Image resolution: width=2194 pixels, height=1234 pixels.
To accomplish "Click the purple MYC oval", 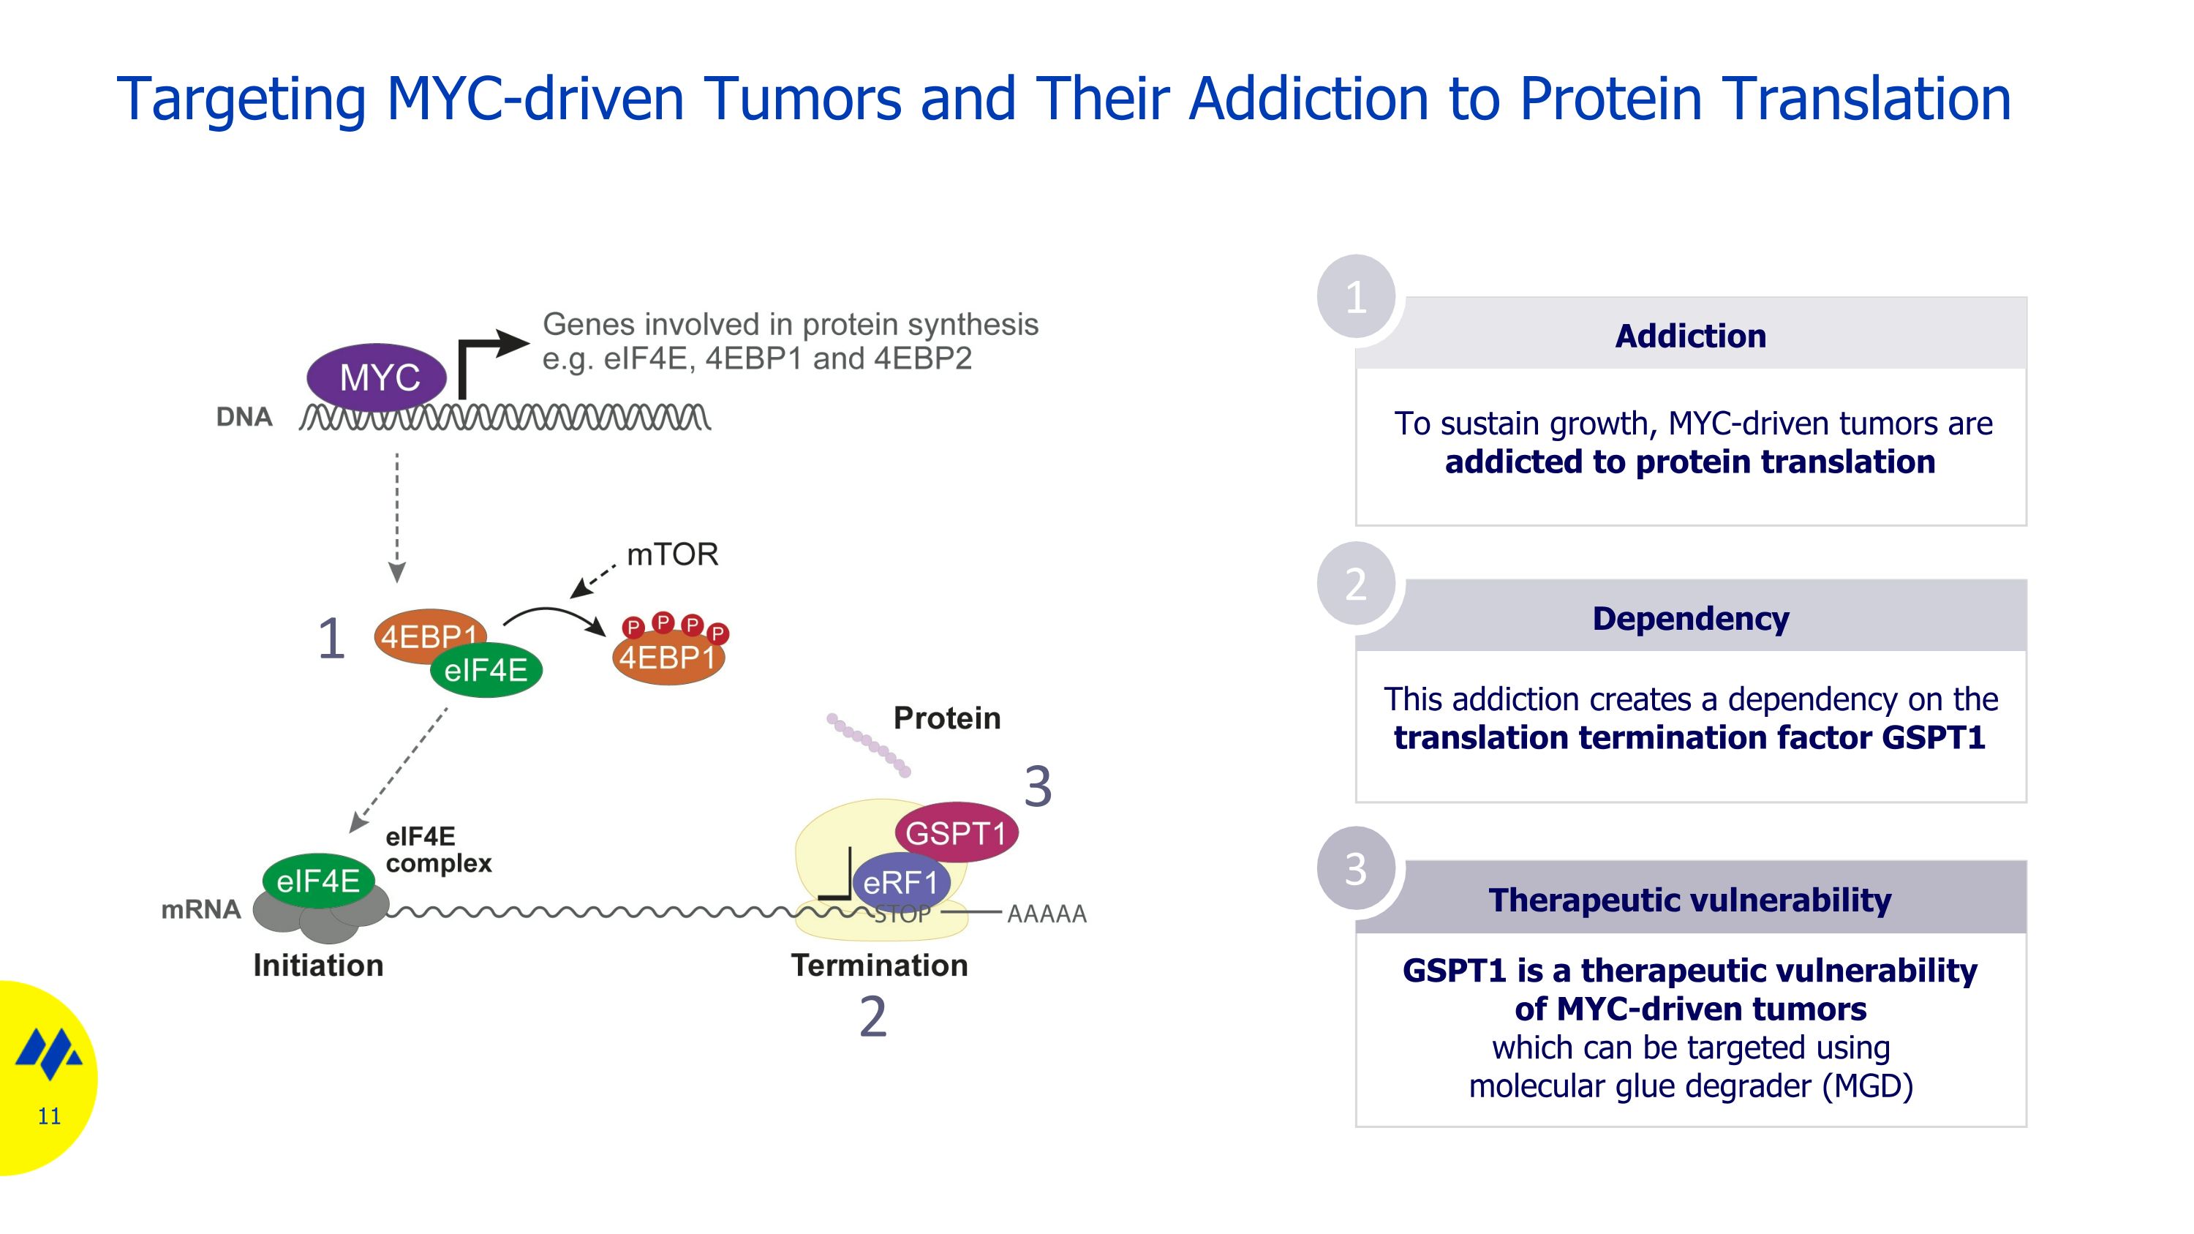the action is pos(377,377).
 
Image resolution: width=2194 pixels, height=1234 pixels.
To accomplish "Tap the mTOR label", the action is pos(672,554).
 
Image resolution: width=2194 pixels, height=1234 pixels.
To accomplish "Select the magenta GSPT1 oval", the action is pos(956,832).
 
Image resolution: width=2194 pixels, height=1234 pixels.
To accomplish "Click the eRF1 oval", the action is pos(900,882).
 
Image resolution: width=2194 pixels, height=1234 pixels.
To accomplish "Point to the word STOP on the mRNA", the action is pos(902,914).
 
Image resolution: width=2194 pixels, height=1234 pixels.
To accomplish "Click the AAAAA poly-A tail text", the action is pos(1047,914).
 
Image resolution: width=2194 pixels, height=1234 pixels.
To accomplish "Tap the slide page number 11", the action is pos(50,1116).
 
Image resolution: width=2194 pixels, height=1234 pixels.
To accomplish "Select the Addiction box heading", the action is pos(1691,336).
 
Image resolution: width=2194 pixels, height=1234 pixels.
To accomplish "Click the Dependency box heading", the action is pos(1691,618).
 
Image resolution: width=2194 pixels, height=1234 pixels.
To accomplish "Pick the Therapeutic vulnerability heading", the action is pos(1690,900).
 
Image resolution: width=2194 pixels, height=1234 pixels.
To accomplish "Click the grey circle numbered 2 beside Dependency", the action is pos(1356,584).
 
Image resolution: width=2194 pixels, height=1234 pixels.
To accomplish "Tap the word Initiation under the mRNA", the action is pos(319,966).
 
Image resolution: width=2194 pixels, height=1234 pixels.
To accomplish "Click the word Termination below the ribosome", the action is pos(880,966).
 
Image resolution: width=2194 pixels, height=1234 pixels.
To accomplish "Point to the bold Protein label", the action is pos(947,718).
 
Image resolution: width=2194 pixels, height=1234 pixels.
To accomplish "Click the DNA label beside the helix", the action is pos(244,416).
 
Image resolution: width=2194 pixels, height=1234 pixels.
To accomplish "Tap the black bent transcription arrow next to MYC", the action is pos(492,364).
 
